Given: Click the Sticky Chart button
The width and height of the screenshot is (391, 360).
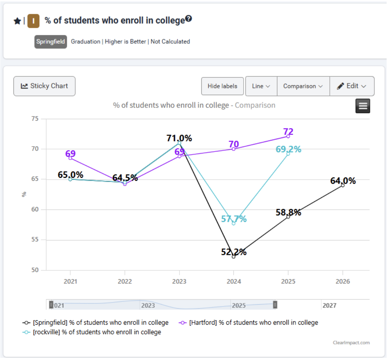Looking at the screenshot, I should tap(44, 86).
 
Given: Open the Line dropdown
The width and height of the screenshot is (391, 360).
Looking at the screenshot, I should tap(261, 86).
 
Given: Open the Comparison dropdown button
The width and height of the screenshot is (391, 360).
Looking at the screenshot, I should tap(303, 86).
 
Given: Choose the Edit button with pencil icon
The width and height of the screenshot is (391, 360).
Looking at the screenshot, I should tap(352, 86).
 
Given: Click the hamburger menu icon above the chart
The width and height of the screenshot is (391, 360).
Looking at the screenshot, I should tap(363, 106).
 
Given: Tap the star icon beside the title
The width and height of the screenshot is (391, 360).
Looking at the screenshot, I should tap(17, 21).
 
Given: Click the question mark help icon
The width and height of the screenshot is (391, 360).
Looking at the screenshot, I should tap(189, 19).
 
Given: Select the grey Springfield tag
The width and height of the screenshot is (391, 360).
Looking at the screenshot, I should tap(51, 42).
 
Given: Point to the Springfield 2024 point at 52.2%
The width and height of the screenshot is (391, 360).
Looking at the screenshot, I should tap(233, 257).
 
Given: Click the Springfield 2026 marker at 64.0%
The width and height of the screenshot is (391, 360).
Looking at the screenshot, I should tap(343, 185).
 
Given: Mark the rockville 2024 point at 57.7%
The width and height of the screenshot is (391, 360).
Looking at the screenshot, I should tap(233, 223).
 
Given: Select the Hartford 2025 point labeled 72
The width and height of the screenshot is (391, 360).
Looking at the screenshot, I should tap(288, 136).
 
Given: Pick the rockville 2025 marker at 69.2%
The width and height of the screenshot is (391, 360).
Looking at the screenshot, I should tap(288, 154).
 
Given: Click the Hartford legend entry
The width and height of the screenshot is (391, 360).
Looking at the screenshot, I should tap(249, 322).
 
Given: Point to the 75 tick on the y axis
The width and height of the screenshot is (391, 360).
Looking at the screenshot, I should tap(35, 119).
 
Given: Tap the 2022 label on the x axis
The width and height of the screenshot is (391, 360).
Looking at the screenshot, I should tap(125, 282).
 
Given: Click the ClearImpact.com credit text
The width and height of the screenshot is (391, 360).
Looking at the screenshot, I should tap(351, 343).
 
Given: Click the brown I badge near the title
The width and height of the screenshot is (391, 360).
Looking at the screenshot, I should tap(33, 21).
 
